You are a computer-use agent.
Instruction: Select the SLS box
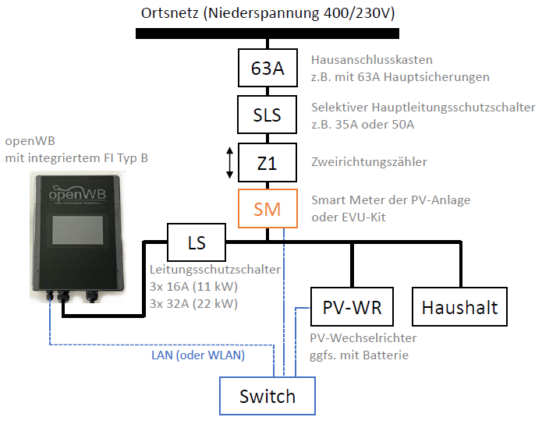267,115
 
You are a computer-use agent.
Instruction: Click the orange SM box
267,208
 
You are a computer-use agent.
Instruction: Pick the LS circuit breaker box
197,242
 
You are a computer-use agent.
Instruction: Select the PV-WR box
352,307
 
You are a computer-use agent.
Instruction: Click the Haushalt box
459,307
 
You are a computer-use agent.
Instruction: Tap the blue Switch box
267,396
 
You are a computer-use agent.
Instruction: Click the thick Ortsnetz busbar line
267,34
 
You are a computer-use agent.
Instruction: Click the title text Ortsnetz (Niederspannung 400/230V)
267,13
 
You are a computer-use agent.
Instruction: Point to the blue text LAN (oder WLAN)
197,355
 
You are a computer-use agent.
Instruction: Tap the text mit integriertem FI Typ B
76,158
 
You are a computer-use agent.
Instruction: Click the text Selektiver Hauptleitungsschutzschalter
423,108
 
